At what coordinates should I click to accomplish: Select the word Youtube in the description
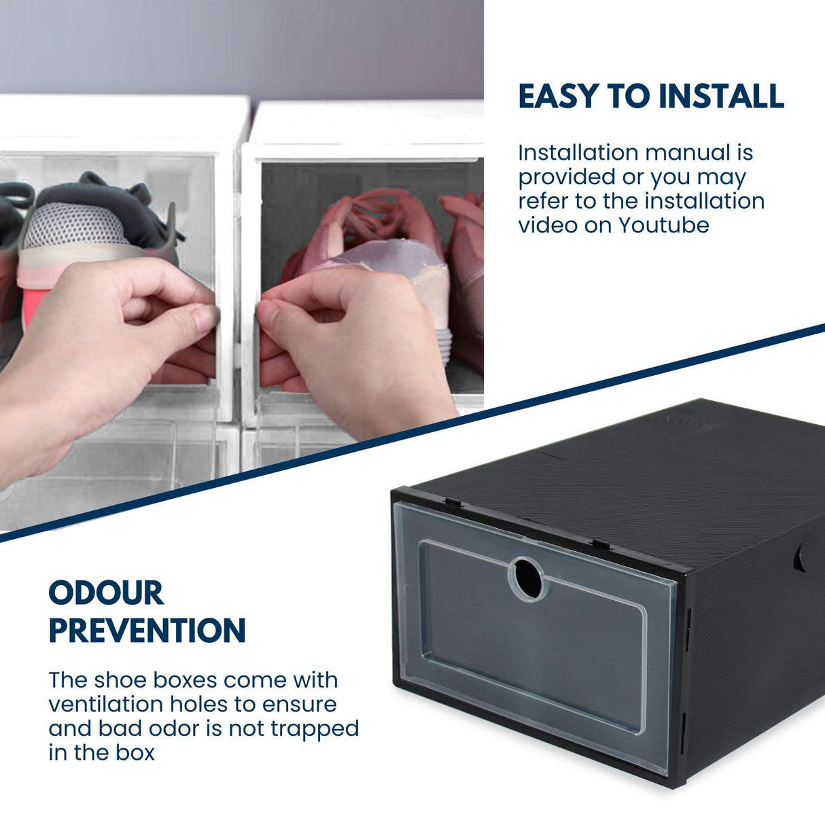pos(664,225)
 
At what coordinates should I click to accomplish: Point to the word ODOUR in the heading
pos(106,593)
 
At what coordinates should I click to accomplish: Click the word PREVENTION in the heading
pos(147,631)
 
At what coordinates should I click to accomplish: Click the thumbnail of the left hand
pos(204,317)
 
